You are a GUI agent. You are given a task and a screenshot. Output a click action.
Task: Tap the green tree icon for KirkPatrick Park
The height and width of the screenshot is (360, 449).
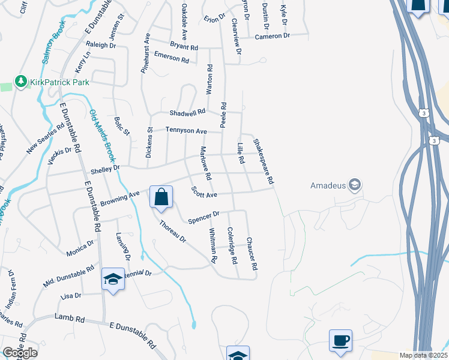pos(21,82)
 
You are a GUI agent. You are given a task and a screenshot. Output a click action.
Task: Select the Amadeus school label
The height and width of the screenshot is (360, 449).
pos(328,185)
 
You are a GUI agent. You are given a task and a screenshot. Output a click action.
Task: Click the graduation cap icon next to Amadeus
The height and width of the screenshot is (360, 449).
pos(355,185)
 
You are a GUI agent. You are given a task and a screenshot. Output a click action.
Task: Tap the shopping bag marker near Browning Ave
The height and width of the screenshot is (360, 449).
pos(161,197)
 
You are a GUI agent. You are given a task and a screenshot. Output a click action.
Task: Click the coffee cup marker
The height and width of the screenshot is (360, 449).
pos(341,341)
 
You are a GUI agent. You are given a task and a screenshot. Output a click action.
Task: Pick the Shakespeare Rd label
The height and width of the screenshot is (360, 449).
pos(264,161)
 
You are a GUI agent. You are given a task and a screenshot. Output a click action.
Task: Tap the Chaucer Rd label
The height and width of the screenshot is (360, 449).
pos(252,253)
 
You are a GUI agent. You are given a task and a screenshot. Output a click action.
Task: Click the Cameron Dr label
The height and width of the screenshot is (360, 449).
pos(272,37)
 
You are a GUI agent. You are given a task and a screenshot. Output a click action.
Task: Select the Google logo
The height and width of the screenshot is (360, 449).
pos(20,353)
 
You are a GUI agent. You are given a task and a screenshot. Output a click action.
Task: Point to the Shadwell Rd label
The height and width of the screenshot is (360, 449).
pos(188,112)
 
